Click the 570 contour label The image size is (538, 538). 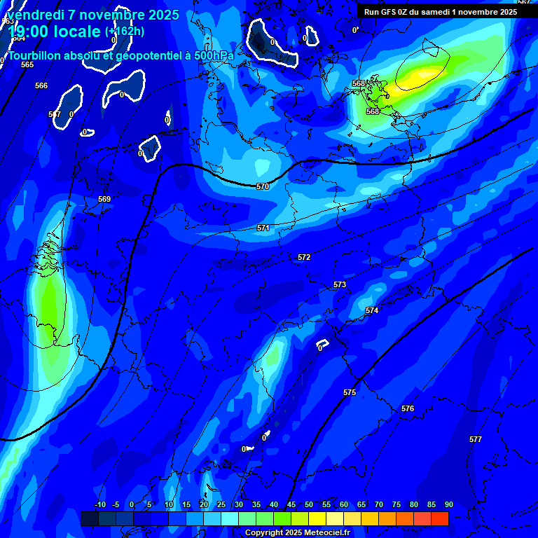[263, 186]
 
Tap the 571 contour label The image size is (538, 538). [263, 228]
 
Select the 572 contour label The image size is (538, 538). [304, 257]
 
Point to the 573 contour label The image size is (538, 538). [340, 284]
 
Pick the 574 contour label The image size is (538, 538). [372, 310]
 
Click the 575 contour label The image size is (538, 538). [350, 392]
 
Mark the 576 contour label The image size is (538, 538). [408, 408]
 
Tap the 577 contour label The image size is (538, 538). [476, 439]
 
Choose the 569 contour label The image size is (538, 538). [104, 199]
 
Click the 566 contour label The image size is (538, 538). [41, 85]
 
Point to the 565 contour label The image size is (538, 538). [27, 64]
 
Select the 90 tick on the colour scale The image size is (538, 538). [449, 504]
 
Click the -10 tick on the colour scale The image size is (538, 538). [100, 504]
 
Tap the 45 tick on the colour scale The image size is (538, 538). [291, 504]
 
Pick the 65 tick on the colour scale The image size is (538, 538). [361, 504]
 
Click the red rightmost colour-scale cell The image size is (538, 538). [440, 518]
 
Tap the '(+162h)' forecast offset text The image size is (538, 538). [125, 31]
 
